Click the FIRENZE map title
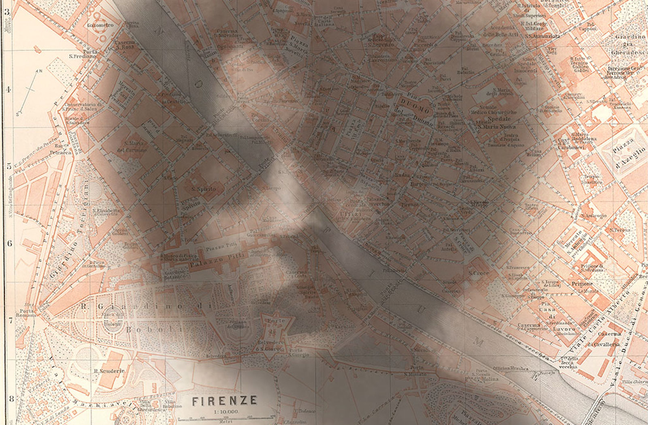224,401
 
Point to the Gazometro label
100,25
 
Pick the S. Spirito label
203,189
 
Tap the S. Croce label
479,273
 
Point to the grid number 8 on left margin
11,399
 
